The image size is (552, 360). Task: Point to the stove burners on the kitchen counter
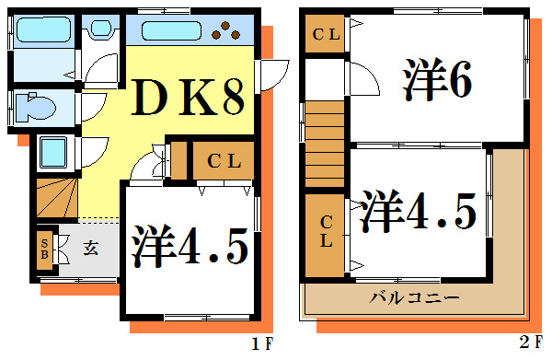(225, 32)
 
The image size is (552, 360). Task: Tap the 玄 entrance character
(93, 247)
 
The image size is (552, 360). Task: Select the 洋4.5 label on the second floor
(419, 212)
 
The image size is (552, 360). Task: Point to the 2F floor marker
(530, 343)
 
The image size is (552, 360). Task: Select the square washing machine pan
(55, 150)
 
